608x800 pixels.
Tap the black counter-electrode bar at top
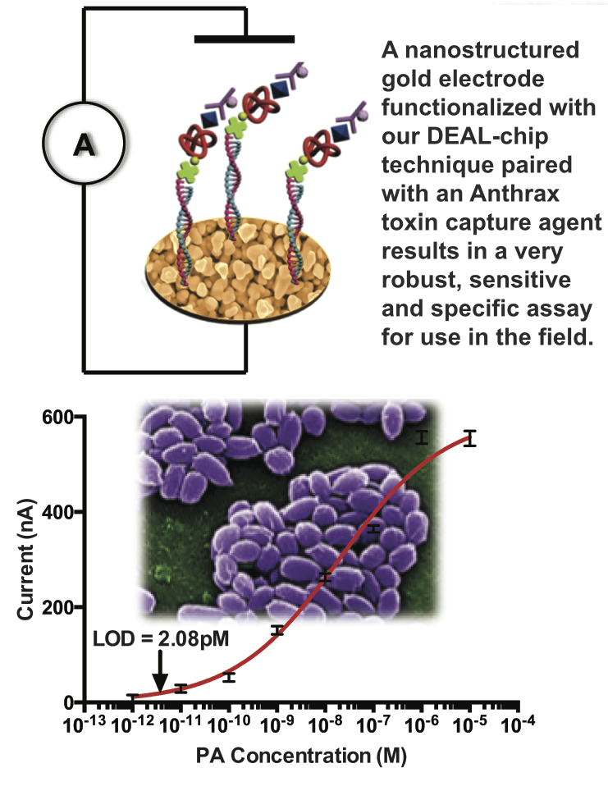pos(244,39)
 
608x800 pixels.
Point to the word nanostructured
pos(478,52)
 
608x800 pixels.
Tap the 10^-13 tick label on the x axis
pos(80,725)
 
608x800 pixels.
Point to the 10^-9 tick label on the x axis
pos(275,725)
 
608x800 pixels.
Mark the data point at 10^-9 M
pos(277,630)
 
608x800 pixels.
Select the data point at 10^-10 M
pos(229,677)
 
